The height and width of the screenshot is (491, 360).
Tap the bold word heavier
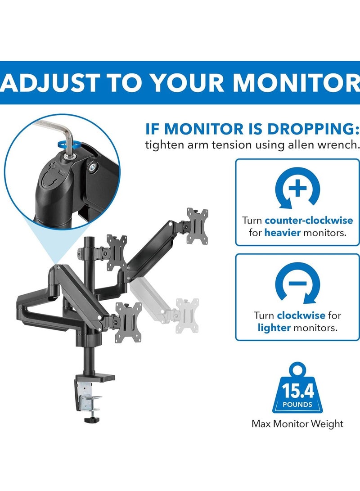click(x=279, y=233)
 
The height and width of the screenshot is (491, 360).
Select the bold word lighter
click(x=274, y=328)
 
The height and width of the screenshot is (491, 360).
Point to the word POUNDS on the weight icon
click(x=297, y=404)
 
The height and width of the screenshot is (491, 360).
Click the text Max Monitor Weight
click(x=297, y=423)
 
